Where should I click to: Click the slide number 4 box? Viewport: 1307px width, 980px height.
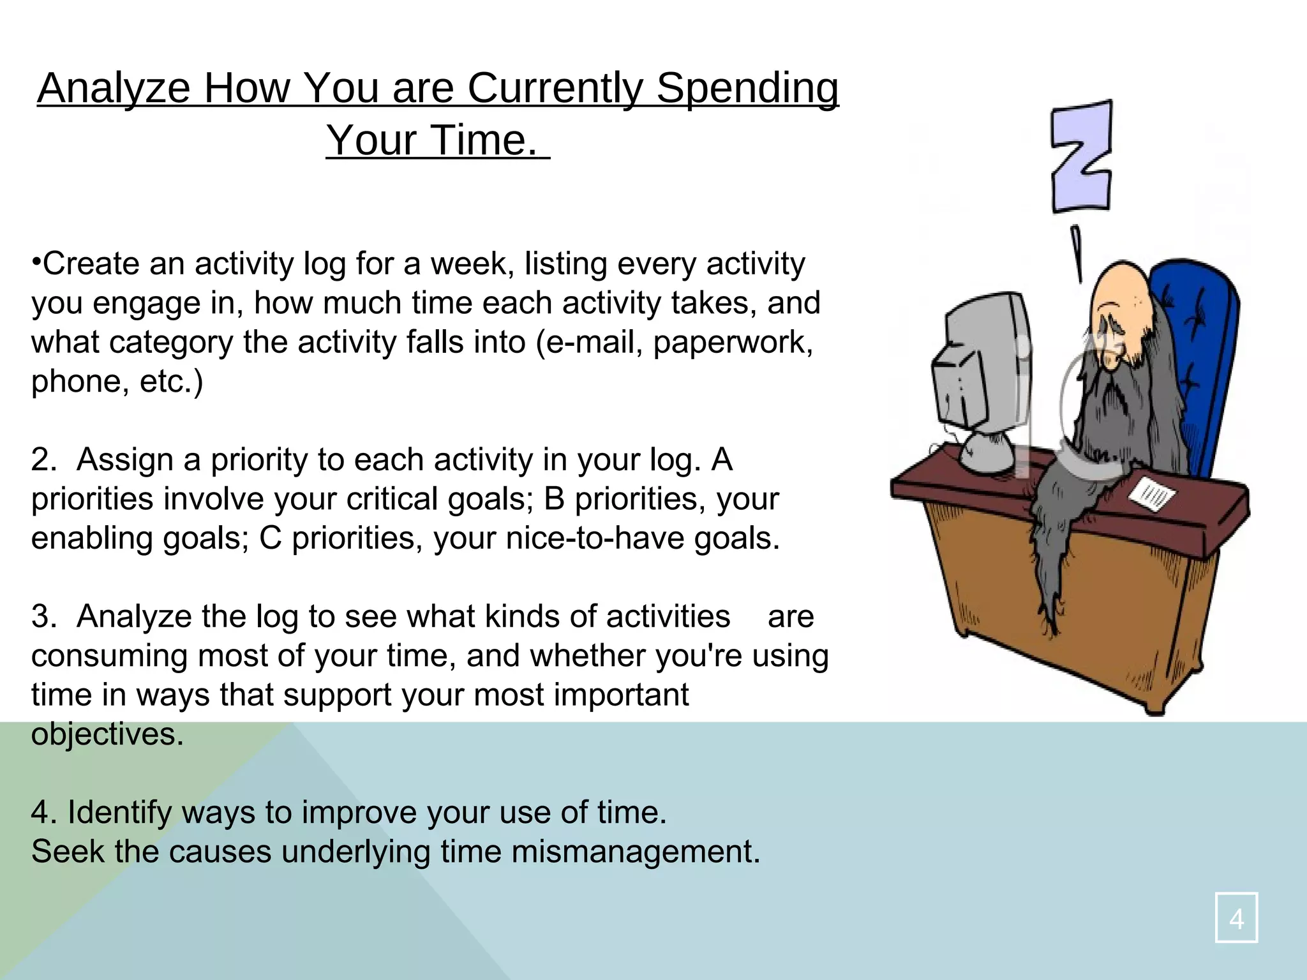click(x=1236, y=917)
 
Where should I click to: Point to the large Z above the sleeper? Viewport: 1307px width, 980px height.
click(x=1081, y=156)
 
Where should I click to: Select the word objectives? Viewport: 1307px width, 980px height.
click(x=107, y=734)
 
